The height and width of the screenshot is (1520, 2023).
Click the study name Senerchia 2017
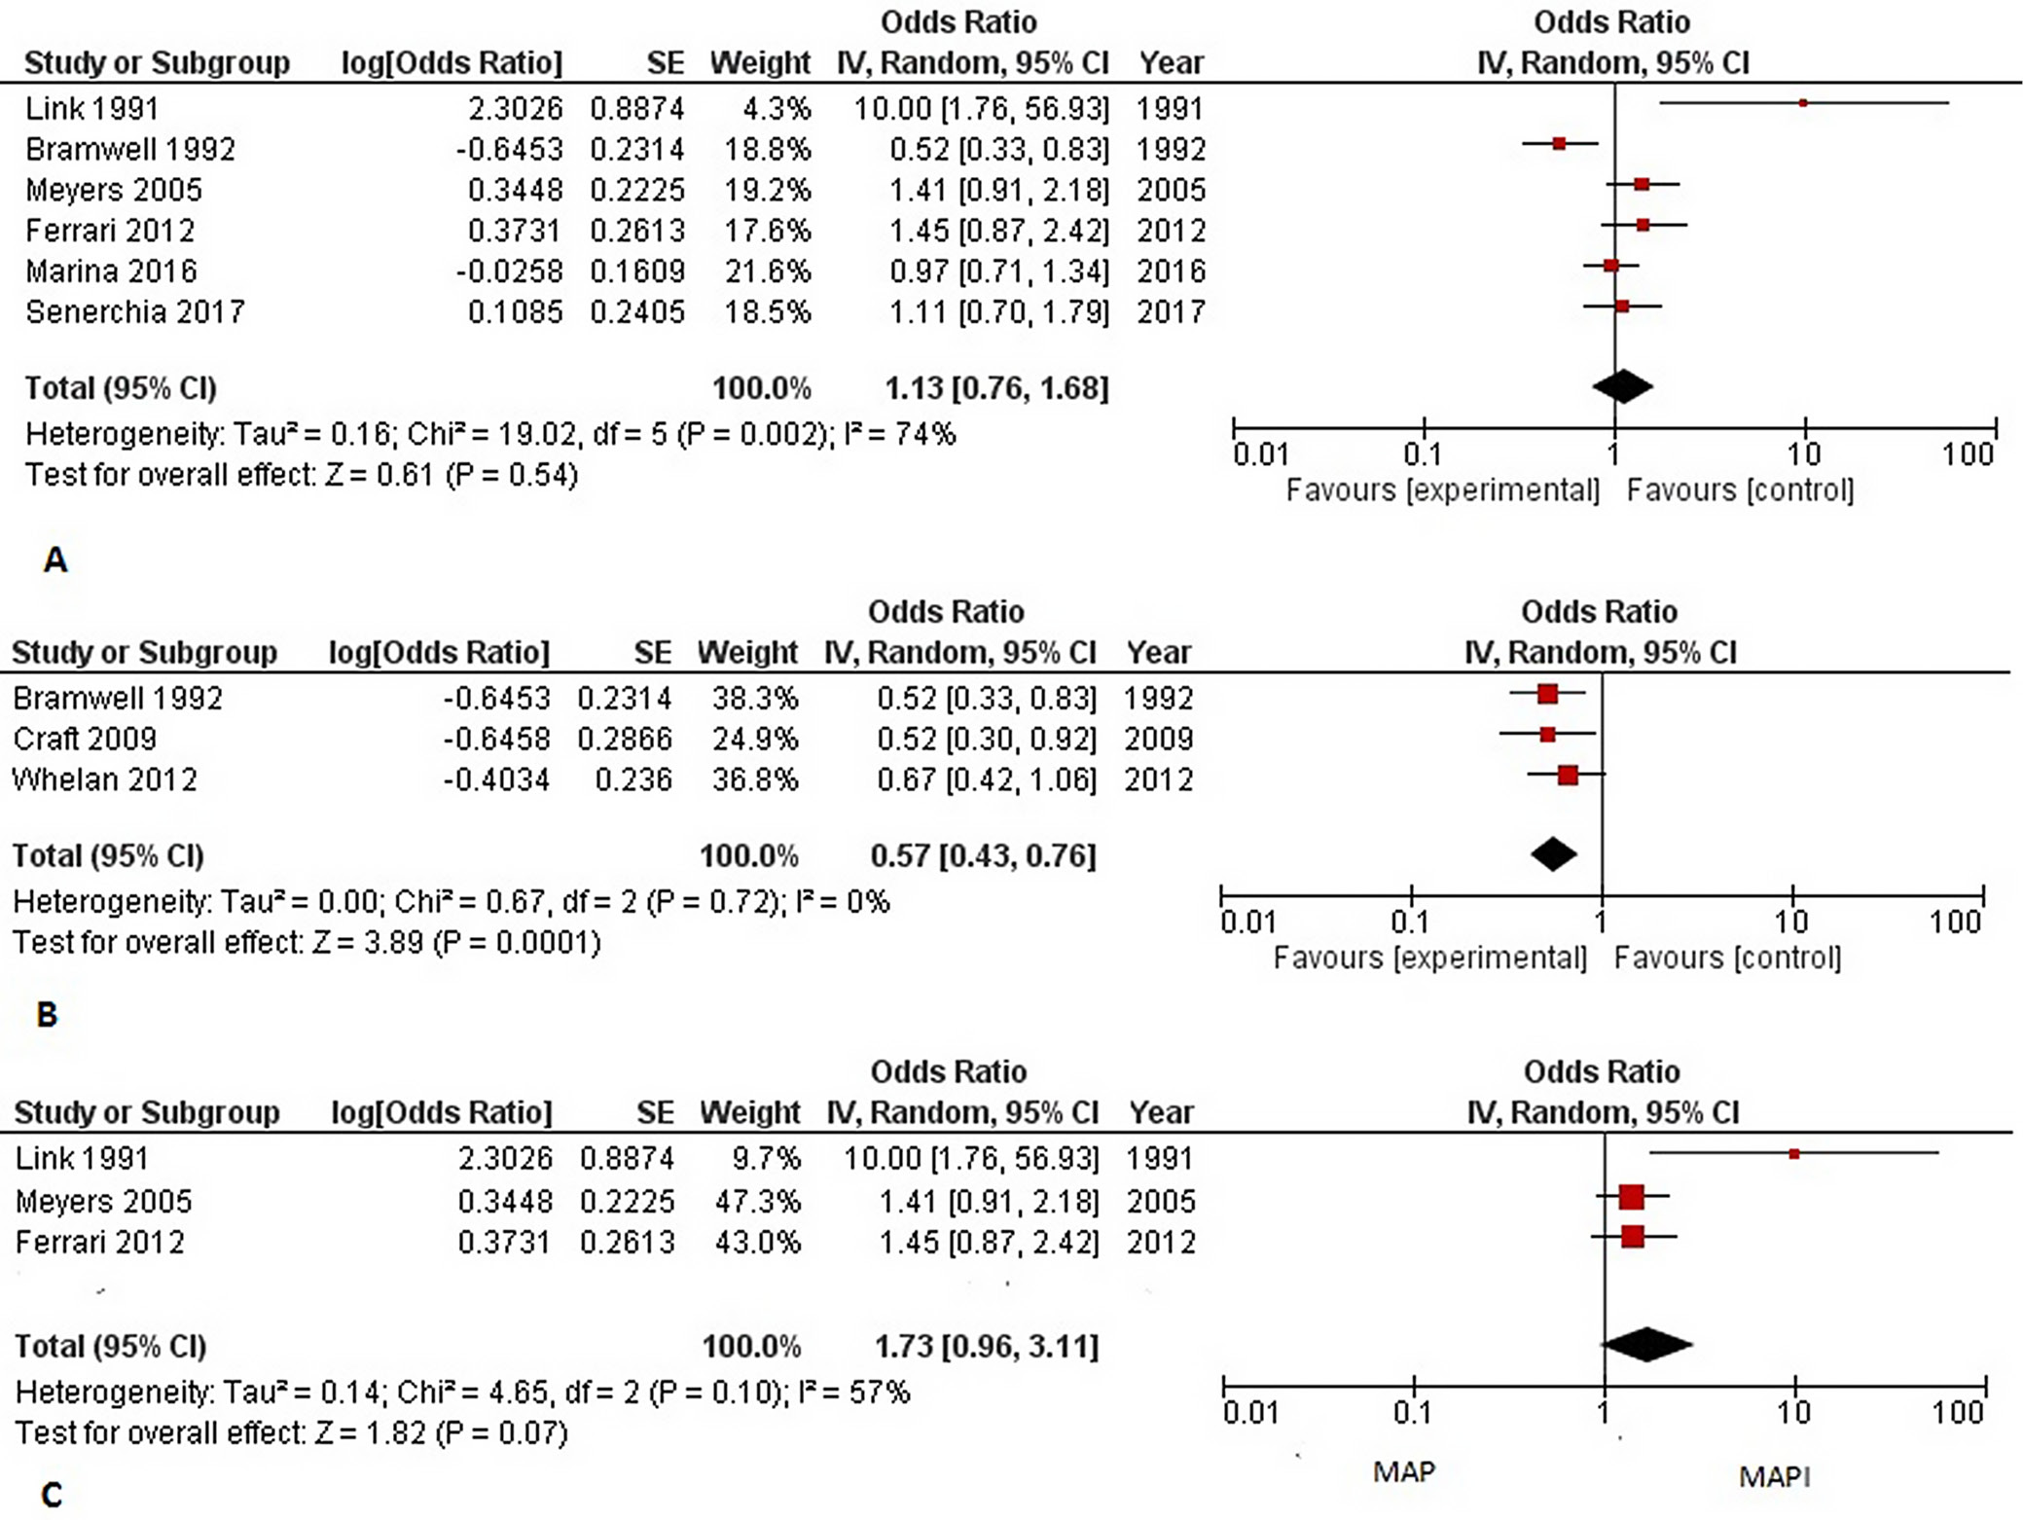134,312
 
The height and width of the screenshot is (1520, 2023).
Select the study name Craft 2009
85,740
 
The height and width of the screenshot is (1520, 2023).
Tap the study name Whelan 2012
105,780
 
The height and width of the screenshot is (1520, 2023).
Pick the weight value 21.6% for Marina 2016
767,271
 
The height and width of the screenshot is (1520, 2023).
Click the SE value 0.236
633,780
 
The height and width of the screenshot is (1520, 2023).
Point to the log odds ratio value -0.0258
509,271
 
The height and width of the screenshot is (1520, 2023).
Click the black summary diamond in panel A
1622,386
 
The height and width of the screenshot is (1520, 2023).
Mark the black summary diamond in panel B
1553,854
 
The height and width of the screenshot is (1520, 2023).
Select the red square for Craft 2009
1548,735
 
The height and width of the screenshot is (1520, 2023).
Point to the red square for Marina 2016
1611,265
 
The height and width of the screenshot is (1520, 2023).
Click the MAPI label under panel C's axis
1774,1477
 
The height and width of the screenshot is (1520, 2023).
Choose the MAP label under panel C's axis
1403,1472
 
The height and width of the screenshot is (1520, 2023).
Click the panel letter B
47,1015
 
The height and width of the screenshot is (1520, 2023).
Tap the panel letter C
52,1495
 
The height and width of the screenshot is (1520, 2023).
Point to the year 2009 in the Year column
1158,740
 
